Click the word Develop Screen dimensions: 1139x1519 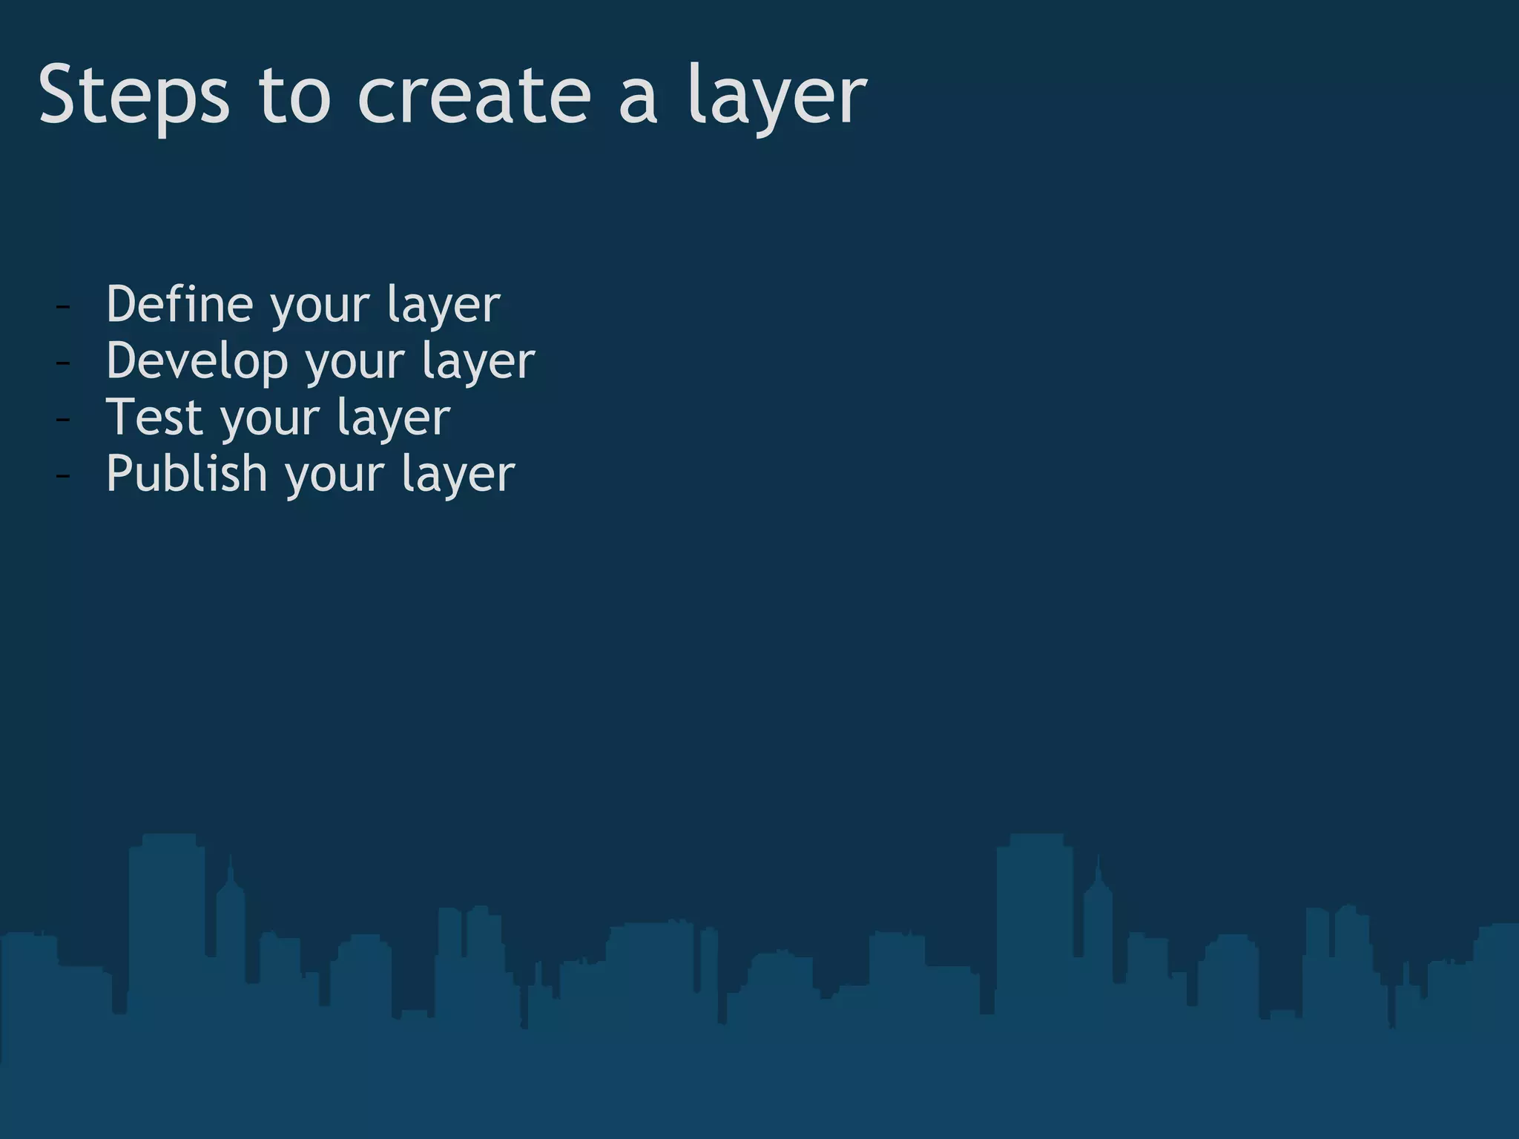[x=197, y=361]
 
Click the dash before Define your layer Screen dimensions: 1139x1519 [x=63, y=306]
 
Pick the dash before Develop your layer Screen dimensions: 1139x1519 [x=63, y=363]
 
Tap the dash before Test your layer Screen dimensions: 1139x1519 [x=63, y=419]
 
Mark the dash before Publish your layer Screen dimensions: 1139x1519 [x=63, y=475]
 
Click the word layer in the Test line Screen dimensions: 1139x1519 [x=394, y=418]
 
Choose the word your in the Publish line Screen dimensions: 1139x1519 [x=334, y=475]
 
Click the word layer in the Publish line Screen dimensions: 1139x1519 [x=458, y=475]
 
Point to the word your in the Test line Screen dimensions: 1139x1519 [x=268, y=419]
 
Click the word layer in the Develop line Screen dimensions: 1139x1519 [x=478, y=361]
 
